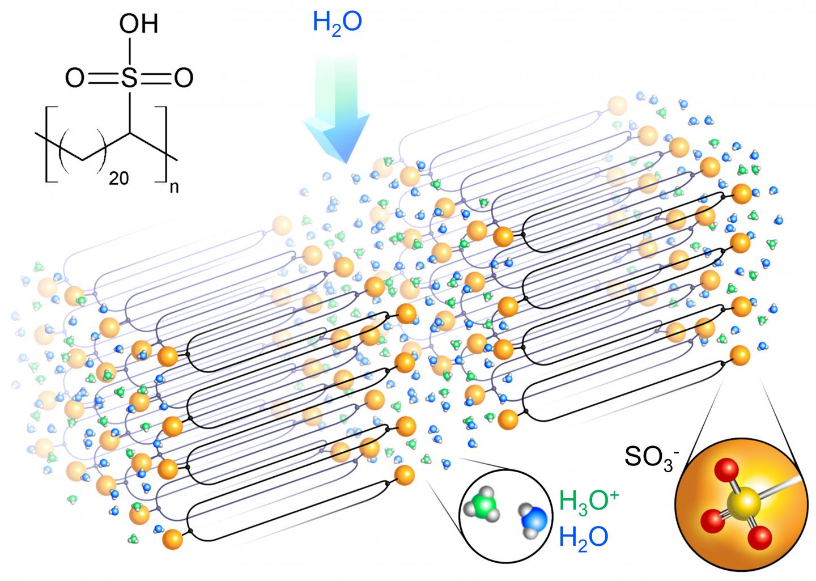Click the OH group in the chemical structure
pos(138,25)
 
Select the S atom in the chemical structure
pos(129,79)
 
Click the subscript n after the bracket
pos(174,186)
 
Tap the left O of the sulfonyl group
pos(74,79)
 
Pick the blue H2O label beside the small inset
pos(583,535)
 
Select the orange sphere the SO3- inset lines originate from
pos(739,355)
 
